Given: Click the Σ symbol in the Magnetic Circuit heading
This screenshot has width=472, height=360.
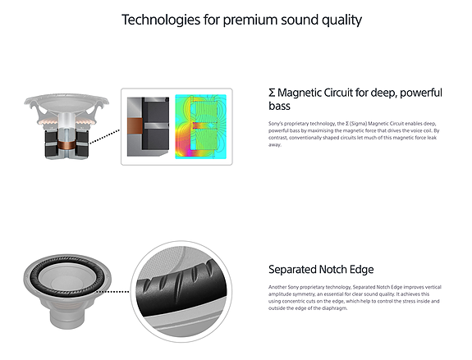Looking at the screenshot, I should point(273,93).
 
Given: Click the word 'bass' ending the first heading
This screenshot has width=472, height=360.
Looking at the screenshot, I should point(281,107).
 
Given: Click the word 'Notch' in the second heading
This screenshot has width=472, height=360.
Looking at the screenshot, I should point(341,269).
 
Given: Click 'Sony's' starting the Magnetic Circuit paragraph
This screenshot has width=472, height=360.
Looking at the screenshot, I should point(276,124).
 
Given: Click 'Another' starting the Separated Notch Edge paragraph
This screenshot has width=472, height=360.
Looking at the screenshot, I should point(279,287).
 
